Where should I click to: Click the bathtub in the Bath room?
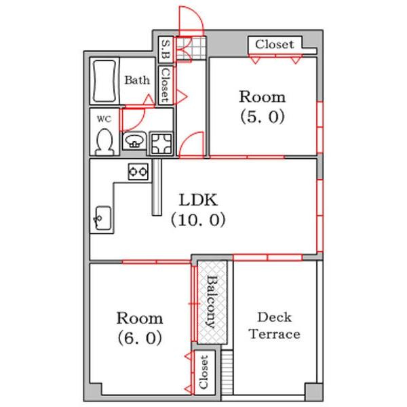(104, 81)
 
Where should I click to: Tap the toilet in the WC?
(104, 142)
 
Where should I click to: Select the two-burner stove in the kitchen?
(138, 172)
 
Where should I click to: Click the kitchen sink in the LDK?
(103, 218)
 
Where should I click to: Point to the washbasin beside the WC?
(134, 141)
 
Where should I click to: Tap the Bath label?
(137, 80)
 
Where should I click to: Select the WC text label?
(104, 119)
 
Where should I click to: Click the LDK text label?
(198, 200)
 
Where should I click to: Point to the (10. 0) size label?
(198, 220)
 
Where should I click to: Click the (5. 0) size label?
(263, 117)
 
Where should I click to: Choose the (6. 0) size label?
(140, 338)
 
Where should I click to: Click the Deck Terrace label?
(275, 326)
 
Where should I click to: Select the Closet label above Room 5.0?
(275, 44)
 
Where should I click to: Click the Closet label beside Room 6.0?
(203, 372)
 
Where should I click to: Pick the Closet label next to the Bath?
(166, 85)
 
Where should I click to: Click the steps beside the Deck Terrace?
(227, 372)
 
